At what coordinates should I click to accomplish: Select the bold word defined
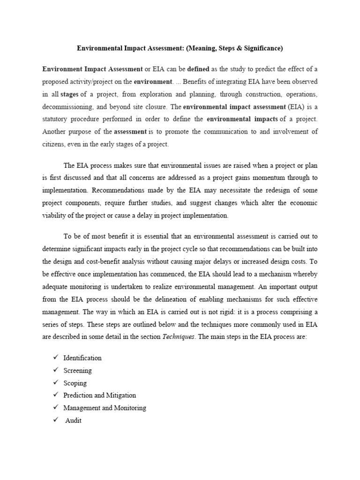(x=198, y=68)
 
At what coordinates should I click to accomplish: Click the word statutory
(x=55, y=119)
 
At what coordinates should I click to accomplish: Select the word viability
(x=55, y=216)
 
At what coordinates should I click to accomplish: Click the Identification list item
(x=82, y=358)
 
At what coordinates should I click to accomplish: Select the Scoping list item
(x=75, y=383)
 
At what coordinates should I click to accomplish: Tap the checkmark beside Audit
(x=55, y=420)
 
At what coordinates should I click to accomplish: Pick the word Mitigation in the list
(x=120, y=396)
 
